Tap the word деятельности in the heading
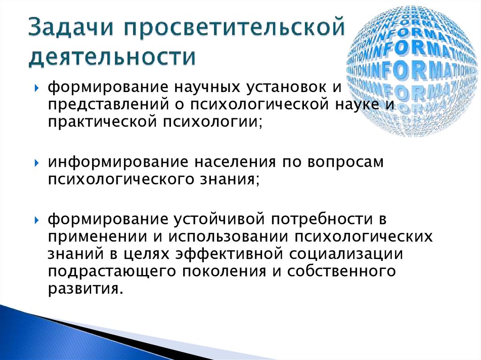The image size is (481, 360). (x=112, y=56)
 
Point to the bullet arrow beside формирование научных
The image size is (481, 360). (x=37, y=88)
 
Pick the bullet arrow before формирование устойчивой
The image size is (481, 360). (x=37, y=220)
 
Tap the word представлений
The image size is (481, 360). (x=109, y=105)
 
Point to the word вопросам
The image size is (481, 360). (x=346, y=162)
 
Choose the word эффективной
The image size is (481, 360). (x=229, y=253)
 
